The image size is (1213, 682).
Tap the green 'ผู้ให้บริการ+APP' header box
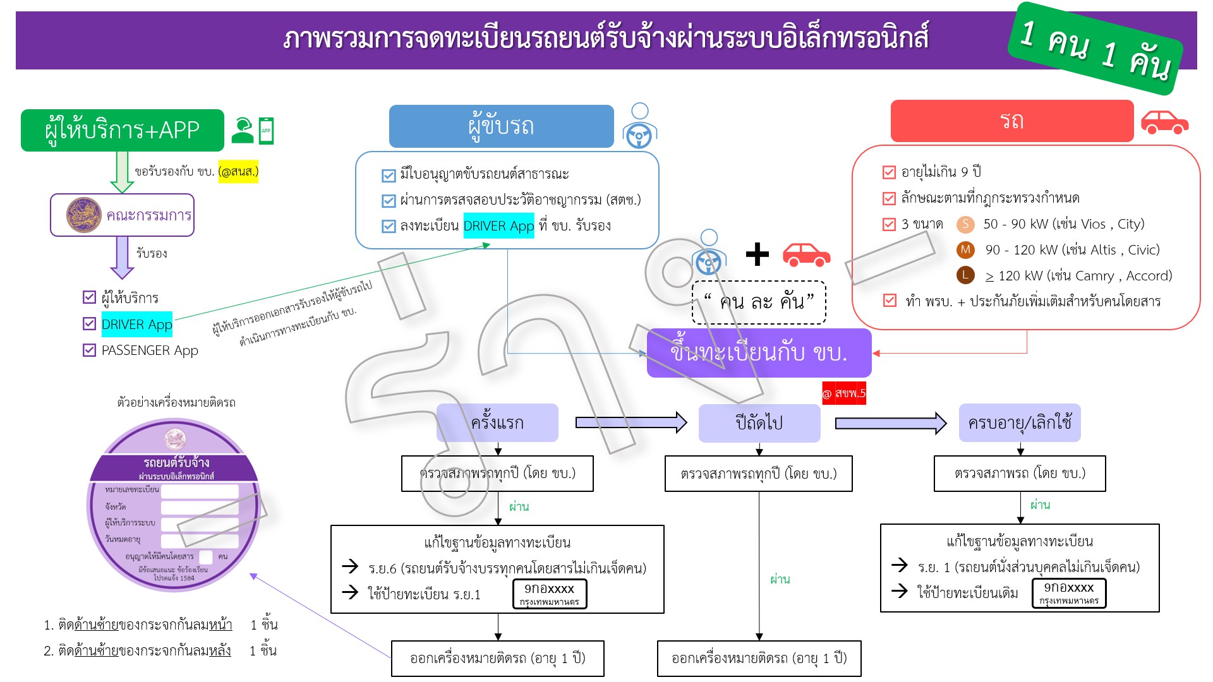point(122,130)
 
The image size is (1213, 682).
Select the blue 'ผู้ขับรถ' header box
point(501,126)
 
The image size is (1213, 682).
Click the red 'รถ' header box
point(1011,121)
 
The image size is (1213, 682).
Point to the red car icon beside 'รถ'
point(1164,123)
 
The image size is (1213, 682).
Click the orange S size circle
point(965,224)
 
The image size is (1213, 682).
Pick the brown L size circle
point(965,275)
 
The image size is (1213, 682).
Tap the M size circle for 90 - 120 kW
point(965,250)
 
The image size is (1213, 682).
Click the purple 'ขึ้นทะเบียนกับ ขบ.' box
point(759,353)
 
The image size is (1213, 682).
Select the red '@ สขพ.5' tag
point(843,393)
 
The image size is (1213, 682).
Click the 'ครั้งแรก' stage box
point(497,422)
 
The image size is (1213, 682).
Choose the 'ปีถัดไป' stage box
point(759,422)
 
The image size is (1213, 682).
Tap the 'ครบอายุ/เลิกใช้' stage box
point(1019,422)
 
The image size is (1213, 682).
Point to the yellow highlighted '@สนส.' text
point(238,171)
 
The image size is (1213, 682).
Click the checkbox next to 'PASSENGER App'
point(89,350)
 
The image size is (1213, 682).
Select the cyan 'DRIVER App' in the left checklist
point(136,325)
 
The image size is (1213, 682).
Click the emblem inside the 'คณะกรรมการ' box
point(83,215)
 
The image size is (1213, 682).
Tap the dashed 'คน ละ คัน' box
point(759,302)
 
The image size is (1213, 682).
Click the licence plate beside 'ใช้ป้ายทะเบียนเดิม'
point(1068,593)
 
